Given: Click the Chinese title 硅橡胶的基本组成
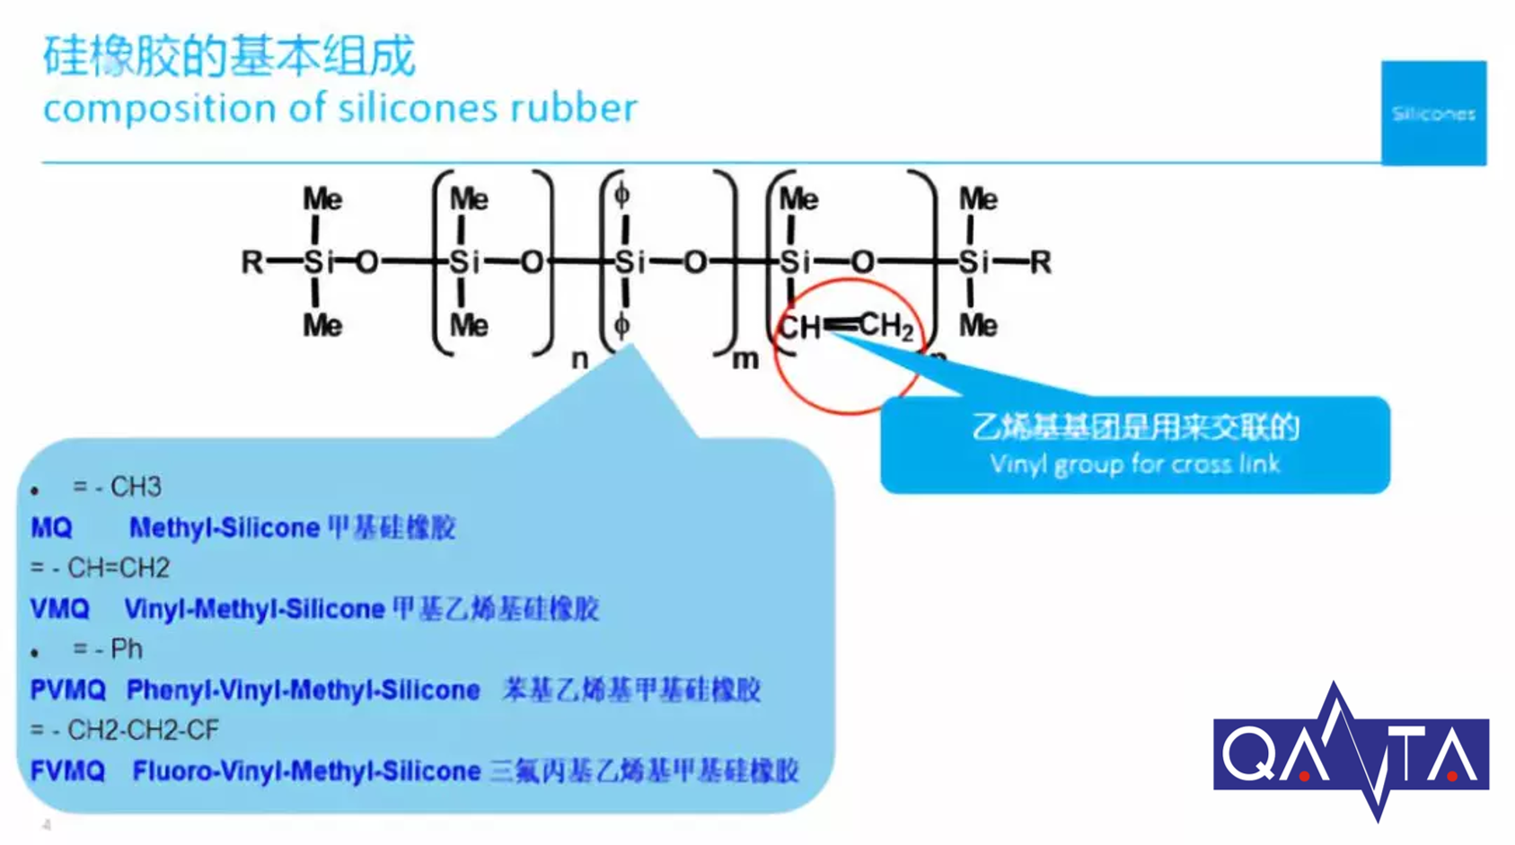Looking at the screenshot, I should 229,56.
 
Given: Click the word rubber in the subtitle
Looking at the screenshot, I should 574,108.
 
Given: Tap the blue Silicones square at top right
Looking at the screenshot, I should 1433,113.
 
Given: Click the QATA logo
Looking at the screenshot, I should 1351,753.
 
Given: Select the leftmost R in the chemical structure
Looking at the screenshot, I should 252,262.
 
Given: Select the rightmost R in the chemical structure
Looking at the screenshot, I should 1040,262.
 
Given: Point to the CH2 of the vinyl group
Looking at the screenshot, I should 885,326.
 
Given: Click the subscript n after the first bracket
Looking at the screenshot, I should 580,359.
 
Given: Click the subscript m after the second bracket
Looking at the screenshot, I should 745,359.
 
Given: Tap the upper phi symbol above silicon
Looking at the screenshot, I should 621,195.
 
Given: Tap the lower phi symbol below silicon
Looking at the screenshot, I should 621,325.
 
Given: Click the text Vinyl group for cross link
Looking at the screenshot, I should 1134,464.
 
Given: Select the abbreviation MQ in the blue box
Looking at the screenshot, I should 51,527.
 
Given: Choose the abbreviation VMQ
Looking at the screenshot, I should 60,609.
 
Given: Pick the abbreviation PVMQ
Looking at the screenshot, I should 68,690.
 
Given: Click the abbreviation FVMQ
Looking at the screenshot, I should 68,770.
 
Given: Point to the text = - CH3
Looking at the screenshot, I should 117,487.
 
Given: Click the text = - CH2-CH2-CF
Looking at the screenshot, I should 125,730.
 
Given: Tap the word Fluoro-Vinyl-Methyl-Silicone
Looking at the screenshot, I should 306,770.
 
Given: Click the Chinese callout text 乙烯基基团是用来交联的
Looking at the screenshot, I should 1135,427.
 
